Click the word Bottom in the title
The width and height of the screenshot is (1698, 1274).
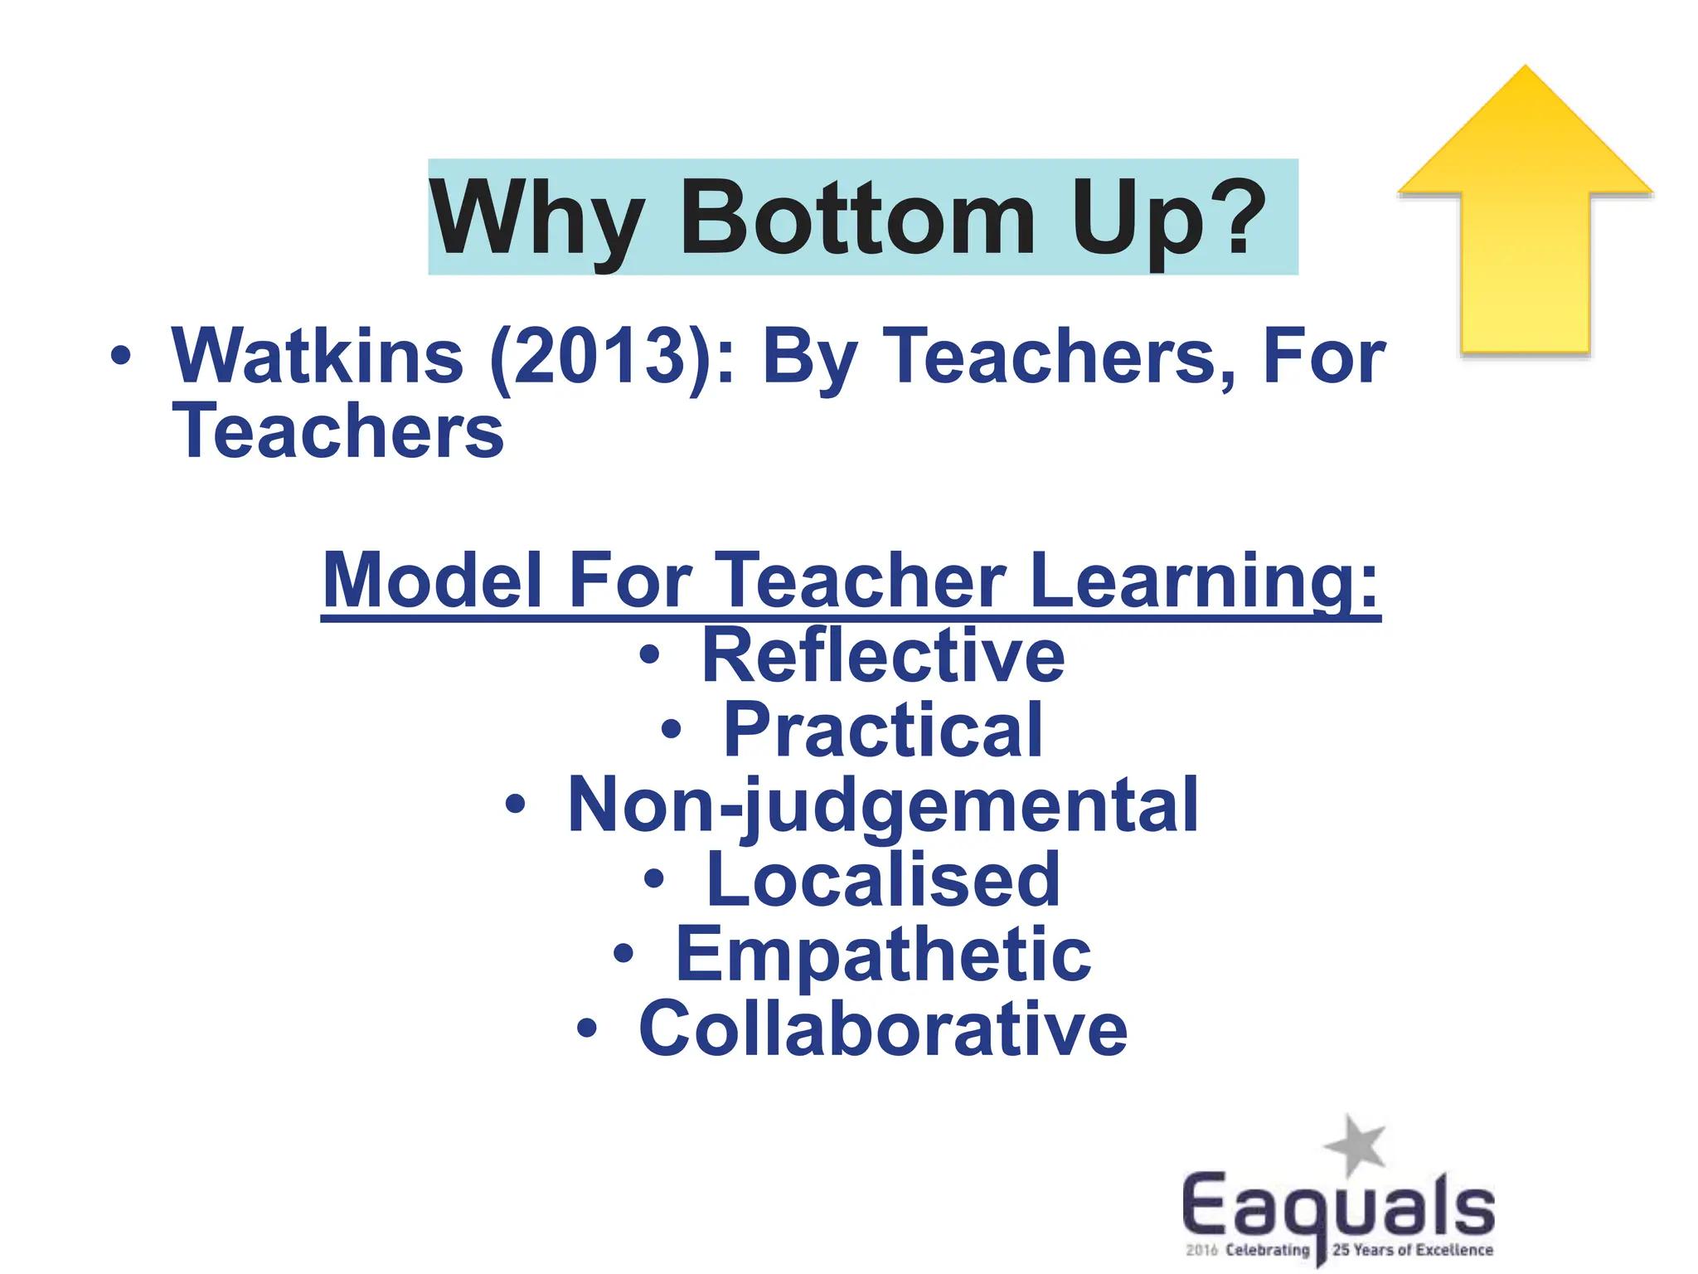click(857, 219)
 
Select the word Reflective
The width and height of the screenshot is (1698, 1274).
click(883, 655)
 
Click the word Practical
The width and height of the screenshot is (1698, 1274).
click(883, 730)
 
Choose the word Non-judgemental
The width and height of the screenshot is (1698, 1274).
click(883, 805)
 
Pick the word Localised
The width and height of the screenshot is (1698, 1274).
click(883, 879)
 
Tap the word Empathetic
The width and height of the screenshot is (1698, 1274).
click(883, 954)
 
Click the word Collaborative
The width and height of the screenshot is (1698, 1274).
click(883, 1028)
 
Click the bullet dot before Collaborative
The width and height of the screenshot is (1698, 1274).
click(587, 1029)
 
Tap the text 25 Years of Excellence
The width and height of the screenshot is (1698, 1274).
click(1413, 1250)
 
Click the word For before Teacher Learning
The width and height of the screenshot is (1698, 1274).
click(629, 580)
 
